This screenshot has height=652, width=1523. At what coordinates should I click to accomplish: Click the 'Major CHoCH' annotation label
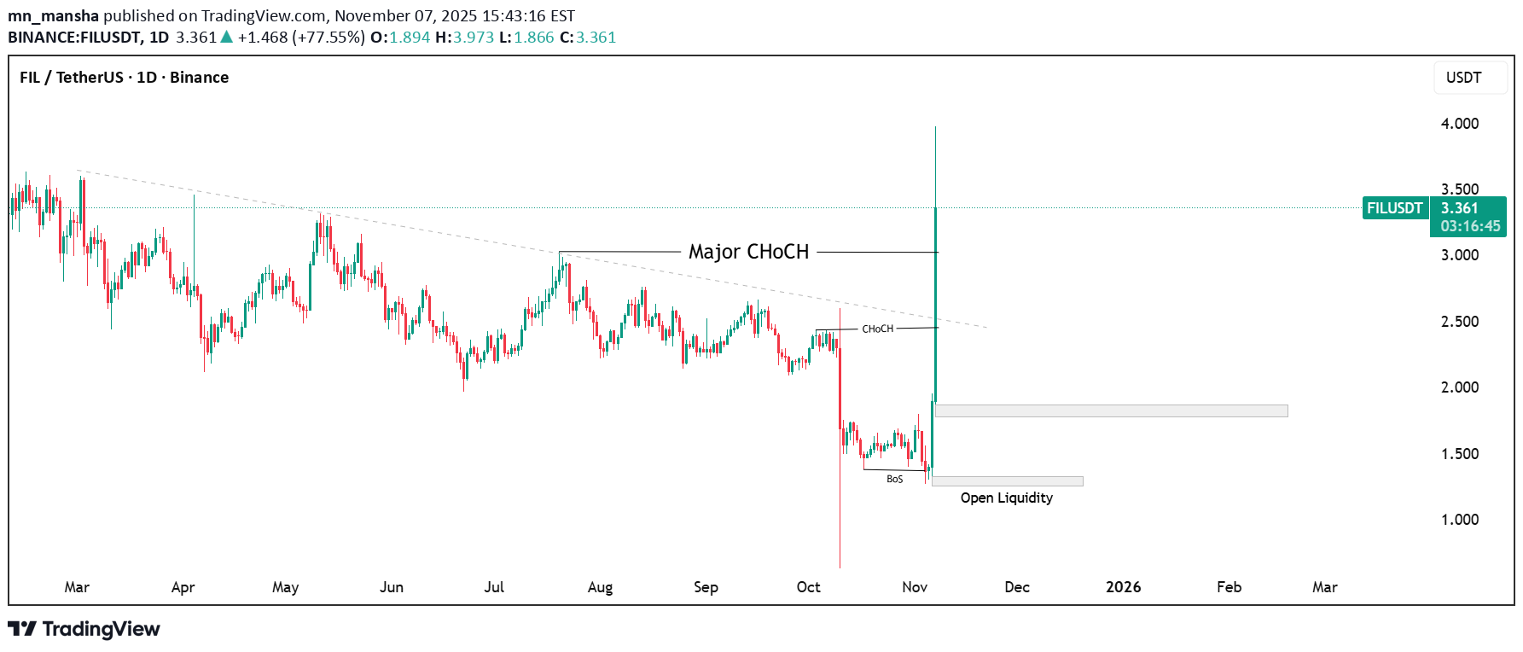coord(748,252)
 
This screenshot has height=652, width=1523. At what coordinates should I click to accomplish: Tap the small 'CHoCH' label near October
coord(877,329)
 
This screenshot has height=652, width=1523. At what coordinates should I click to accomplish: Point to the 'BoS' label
coord(894,479)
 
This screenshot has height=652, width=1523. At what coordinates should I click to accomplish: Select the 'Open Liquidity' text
coord(1006,498)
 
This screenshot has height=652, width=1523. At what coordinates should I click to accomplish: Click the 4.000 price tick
coord(1459,124)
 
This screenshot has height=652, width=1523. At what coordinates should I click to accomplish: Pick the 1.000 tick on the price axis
coord(1459,520)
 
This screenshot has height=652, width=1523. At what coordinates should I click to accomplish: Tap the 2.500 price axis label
coord(1459,322)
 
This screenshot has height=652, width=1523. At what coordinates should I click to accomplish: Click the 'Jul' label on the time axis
coord(494,587)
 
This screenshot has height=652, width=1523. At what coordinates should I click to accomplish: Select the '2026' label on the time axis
coord(1123,587)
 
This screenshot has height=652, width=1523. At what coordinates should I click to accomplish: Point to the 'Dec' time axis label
coord(1017,587)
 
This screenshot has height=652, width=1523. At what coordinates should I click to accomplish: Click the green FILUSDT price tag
coord(1395,208)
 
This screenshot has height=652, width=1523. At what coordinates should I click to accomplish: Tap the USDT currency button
coord(1463,78)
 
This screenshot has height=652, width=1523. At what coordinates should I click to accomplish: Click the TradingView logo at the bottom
coord(84,629)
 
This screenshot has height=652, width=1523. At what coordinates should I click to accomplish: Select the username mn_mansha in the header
coord(53,16)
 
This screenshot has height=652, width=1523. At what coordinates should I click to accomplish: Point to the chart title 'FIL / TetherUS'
coord(72,78)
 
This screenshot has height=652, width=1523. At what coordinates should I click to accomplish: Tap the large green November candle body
coord(936,299)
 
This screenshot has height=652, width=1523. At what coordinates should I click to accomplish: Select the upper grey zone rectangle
coord(1111,411)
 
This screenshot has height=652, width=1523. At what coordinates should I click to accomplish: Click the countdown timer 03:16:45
coord(1470,226)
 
